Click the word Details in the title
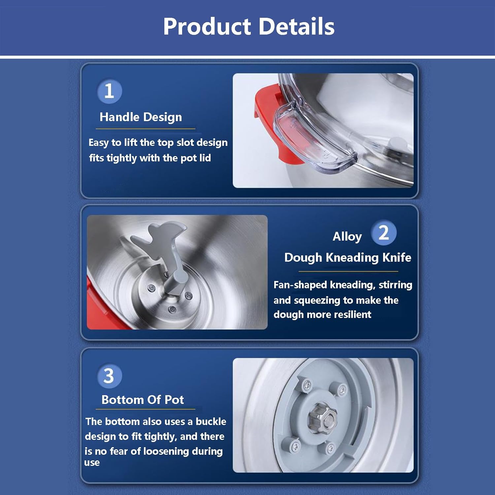click(x=297, y=26)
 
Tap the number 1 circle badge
click(x=109, y=91)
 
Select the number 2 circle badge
click(x=383, y=233)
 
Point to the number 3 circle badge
click(x=109, y=376)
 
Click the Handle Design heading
click(x=141, y=117)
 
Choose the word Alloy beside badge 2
click(x=347, y=237)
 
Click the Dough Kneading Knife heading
click(x=348, y=257)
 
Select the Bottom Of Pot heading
click(x=143, y=400)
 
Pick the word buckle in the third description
click(x=211, y=421)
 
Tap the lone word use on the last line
click(x=92, y=463)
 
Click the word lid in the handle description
click(x=205, y=158)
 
